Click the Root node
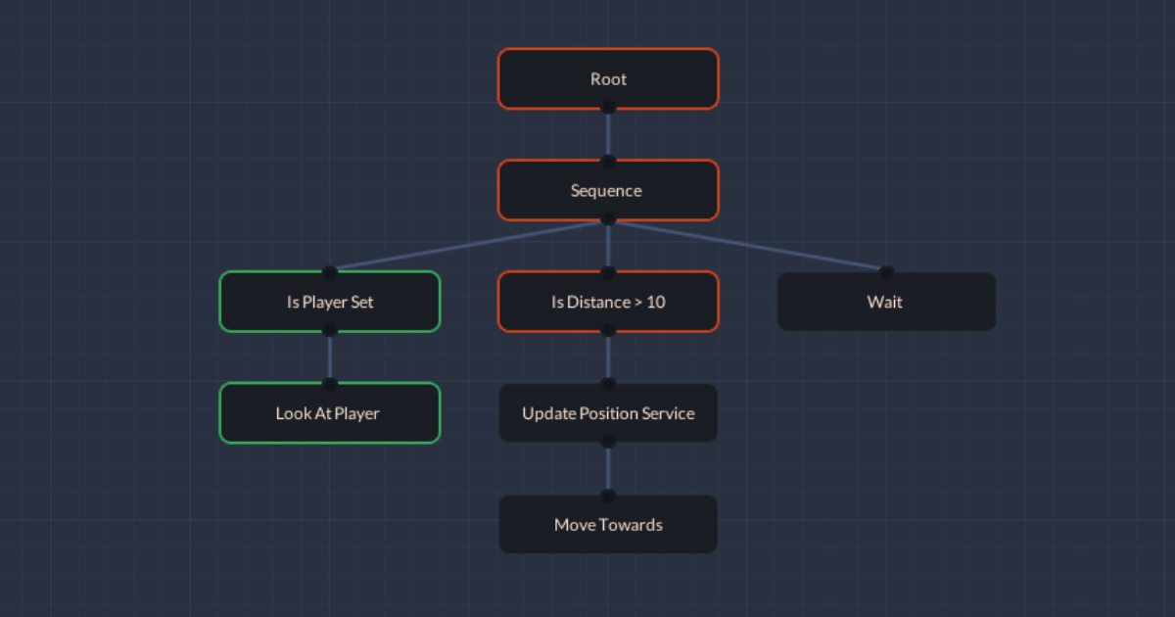point(608,78)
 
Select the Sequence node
point(608,190)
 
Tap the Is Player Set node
point(330,302)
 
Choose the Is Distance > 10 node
point(608,302)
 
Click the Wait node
point(886,302)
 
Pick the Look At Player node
point(330,413)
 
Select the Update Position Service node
point(608,413)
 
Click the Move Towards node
point(608,525)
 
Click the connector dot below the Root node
point(608,107)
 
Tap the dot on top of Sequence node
point(608,162)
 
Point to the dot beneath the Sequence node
point(608,218)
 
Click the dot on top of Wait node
point(886,272)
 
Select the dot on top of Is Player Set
point(330,272)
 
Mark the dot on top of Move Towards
point(608,496)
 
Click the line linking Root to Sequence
point(608,134)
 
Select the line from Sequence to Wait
point(747,246)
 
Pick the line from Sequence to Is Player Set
point(469,246)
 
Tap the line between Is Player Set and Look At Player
point(330,357)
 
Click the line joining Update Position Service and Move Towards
point(608,469)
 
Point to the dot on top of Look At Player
point(330,384)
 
